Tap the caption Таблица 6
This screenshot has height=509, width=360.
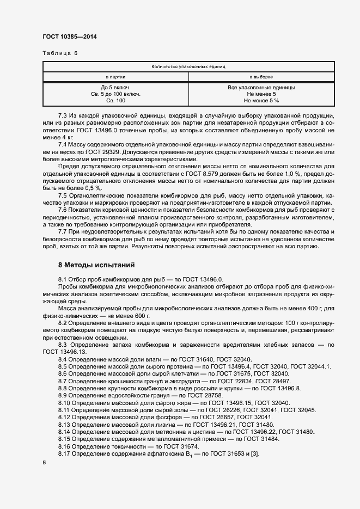60,53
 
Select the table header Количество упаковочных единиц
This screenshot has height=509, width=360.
188,66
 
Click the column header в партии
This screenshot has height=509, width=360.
115,77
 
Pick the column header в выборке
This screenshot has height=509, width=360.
261,77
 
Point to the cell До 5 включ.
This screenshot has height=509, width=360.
115,87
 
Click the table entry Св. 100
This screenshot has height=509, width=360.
115,101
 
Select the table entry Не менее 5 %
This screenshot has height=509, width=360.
261,101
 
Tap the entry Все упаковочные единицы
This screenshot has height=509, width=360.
261,87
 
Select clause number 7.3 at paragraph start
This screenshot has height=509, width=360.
63,116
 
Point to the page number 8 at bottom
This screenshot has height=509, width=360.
44,463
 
